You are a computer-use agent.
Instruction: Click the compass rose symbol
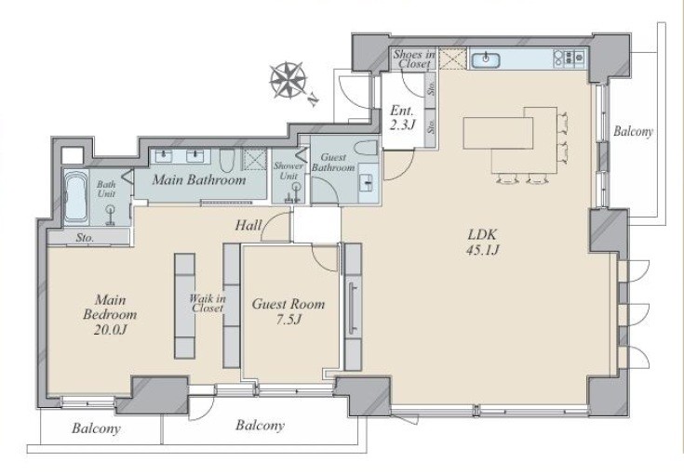pos(288,80)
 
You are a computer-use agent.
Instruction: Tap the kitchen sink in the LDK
pos(485,59)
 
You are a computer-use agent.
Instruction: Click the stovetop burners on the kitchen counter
pos(569,59)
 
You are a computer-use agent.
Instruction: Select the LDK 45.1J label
pos(482,242)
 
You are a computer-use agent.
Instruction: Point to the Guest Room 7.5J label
pos(288,311)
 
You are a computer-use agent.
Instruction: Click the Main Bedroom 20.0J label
pos(110,314)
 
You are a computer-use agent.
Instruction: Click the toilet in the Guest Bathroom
pos(366,148)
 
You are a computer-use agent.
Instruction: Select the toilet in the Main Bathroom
pos(226,160)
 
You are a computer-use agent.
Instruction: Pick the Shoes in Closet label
pos(414,59)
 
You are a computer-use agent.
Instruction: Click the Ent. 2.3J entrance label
pos(402,118)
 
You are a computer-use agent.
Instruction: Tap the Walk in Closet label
pos(208,303)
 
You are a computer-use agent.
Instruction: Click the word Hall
pos(248,225)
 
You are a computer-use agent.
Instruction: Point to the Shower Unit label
pos(288,171)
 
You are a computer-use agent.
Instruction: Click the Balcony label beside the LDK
pos(633,132)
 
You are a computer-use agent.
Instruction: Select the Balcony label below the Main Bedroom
pos(96,428)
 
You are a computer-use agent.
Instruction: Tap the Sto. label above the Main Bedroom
pos(85,238)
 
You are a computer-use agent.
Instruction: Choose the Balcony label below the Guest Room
pos(260,426)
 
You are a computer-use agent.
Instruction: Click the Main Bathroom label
pos(199,180)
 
